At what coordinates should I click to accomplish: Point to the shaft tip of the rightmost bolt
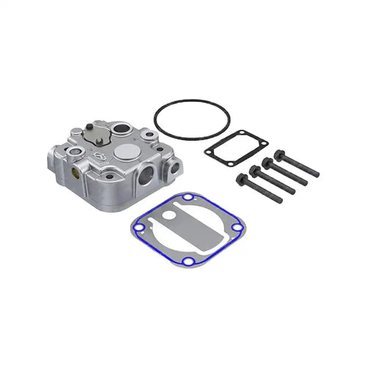click(316, 174)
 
